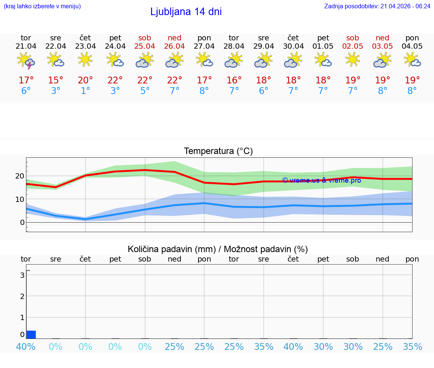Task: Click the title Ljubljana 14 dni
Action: coord(186,12)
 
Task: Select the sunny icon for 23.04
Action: coord(85,59)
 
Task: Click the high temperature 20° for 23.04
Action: coord(85,80)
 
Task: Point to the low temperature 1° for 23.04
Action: coord(85,91)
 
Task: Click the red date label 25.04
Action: coord(145,46)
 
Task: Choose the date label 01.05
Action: coord(323,46)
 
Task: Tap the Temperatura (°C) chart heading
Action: coord(218,151)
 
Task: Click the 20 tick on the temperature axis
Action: coord(20,176)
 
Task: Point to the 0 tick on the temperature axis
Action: coord(22,222)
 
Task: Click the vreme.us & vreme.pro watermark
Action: coord(321,180)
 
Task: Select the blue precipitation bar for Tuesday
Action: coord(31,334)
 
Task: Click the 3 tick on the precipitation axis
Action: coord(22,275)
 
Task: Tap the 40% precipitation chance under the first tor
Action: coord(26,346)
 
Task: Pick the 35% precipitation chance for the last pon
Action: coord(412,346)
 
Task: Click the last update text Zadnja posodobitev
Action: coord(377,6)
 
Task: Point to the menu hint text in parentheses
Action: coord(42,6)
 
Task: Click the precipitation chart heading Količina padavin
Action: coord(218,249)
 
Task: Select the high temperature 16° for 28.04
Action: coord(234,80)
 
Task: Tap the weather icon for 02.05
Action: coord(353,59)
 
